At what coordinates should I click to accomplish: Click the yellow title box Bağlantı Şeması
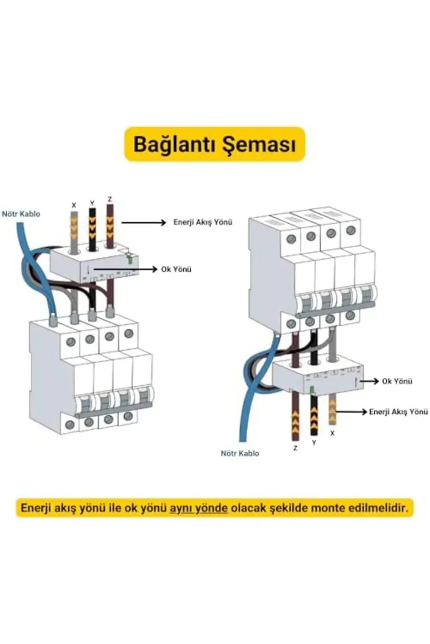[x=215, y=144]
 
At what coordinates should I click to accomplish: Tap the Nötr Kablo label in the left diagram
[x=21, y=213]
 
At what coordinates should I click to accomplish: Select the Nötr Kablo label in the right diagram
[x=240, y=453]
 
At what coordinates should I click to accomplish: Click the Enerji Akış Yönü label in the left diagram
[x=203, y=222]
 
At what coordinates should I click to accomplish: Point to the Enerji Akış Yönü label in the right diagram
[x=398, y=411]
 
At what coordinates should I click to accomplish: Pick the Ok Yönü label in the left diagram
[x=176, y=269]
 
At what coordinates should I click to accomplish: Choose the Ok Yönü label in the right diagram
[x=397, y=381]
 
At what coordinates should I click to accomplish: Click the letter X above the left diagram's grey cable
[x=74, y=206]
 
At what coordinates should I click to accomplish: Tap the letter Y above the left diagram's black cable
[x=92, y=203]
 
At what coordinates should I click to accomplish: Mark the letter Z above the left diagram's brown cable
[x=110, y=199]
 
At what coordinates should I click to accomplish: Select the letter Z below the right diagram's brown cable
[x=295, y=448]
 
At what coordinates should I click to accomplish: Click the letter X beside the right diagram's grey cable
[x=332, y=433]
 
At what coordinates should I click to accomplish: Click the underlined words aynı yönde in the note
[x=198, y=508]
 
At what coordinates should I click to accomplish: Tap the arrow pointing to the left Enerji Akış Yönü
[x=144, y=222]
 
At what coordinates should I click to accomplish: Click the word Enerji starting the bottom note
[x=36, y=508]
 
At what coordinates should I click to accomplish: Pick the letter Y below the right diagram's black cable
[x=314, y=442]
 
